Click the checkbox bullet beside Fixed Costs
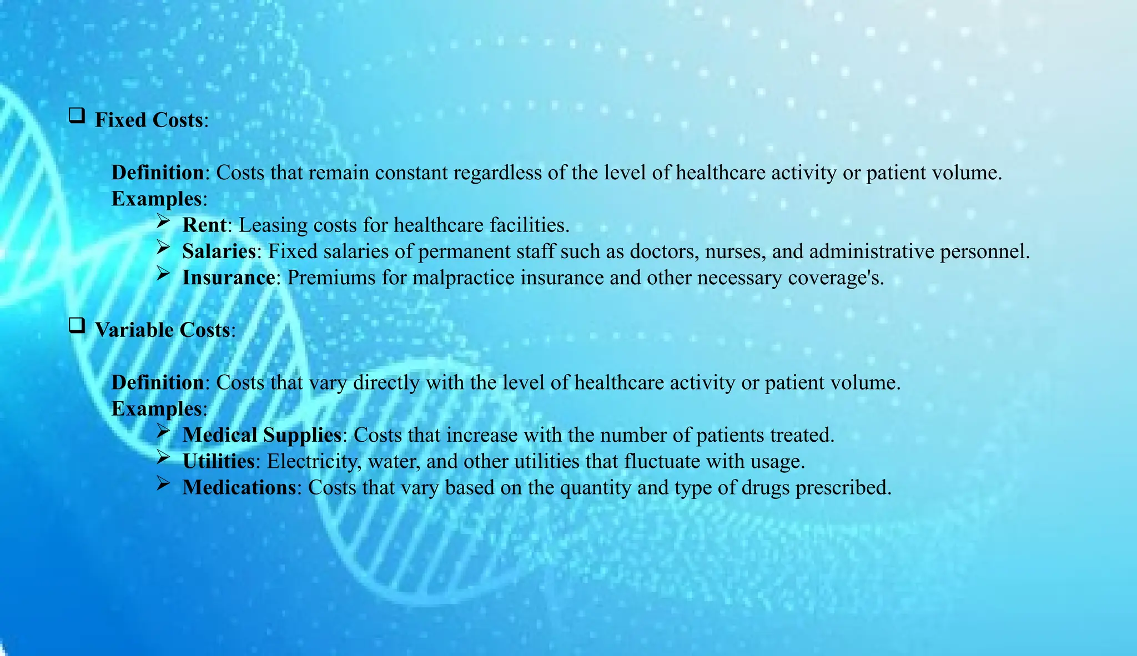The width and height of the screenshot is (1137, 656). tap(77, 115)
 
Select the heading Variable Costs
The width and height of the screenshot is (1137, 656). tap(162, 330)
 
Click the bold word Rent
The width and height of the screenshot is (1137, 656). tap(204, 225)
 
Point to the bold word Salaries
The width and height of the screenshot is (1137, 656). tap(219, 251)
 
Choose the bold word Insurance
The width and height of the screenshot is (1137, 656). tap(228, 277)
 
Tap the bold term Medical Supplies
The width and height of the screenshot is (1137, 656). tap(261, 435)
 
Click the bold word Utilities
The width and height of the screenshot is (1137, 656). tap(219, 461)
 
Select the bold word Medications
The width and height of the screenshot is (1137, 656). tap(239, 487)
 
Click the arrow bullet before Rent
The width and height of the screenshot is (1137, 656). tap(163, 221)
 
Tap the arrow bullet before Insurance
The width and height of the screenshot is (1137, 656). tap(163, 273)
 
